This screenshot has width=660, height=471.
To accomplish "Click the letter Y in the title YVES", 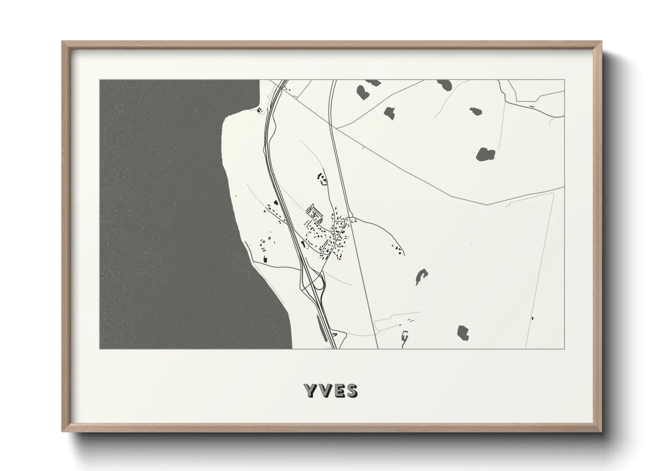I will [310, 390].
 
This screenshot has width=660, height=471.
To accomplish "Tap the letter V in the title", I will [324, 390].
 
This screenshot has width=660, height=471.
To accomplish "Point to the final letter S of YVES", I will [351, 390].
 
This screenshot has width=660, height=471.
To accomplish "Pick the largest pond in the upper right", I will [486, 154].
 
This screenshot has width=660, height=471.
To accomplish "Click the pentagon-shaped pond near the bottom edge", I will [463, 333].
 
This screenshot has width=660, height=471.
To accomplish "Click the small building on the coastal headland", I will [259, 110].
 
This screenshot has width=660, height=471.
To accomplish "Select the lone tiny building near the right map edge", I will [532, 318].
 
